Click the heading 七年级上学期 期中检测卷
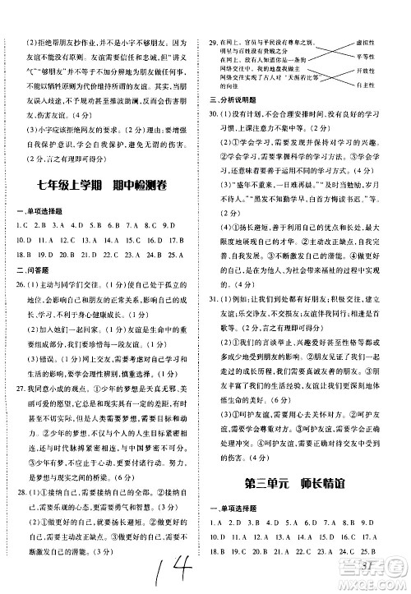tap(103, 184)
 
